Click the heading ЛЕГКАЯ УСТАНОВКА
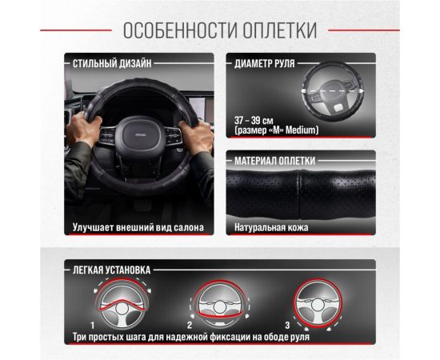tap(112, 270)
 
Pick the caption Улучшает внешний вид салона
tap(138, 227)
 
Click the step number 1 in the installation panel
tap(94, 326)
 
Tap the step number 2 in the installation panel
tap(189, 326)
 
